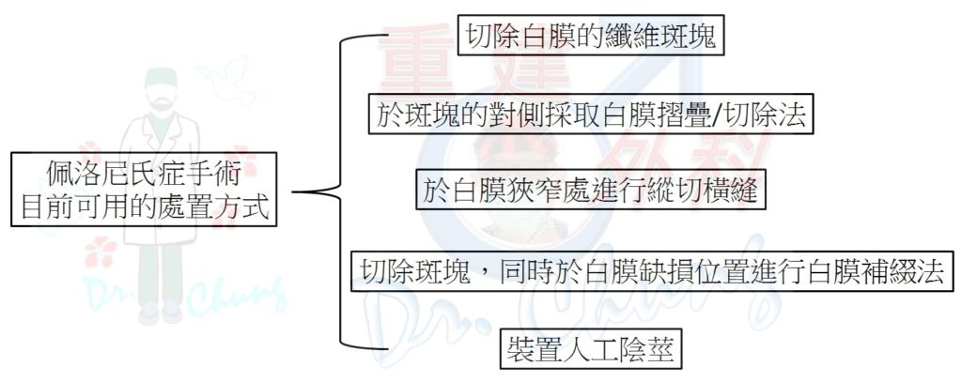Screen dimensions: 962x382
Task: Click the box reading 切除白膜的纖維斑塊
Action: (x=591, y=36)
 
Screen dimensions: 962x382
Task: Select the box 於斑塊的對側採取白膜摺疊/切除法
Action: (x=591, y=115)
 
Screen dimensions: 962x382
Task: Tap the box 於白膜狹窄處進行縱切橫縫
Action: (x=591, y=191)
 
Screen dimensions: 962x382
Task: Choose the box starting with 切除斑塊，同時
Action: (x=652, y=270)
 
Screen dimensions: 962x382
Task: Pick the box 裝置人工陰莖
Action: (x=591, y=349)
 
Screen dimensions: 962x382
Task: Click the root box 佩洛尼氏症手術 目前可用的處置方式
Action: (x=144, y=190)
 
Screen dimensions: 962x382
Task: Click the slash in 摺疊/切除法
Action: (x=714, y=115)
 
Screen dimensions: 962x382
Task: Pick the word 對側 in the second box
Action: (x=529, y=115)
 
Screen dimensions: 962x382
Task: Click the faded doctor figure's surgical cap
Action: (x=161, y=78)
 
